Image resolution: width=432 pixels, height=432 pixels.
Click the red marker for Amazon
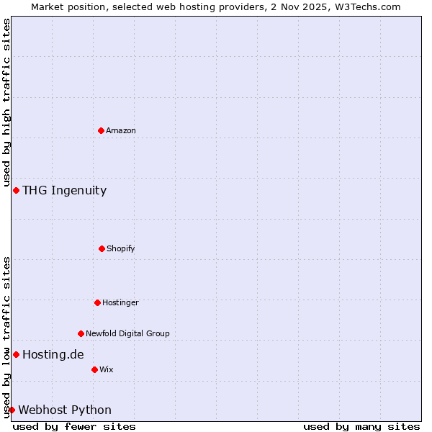101,130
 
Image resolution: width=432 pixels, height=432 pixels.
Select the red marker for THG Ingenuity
16,190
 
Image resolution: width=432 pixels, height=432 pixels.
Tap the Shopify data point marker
102,248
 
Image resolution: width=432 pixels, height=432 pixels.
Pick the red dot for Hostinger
97,302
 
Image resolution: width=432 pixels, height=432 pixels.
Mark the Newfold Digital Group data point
81,333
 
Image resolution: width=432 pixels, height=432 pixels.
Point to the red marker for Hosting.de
16,354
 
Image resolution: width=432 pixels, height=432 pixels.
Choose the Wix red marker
94,369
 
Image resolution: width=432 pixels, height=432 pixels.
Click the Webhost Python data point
12,410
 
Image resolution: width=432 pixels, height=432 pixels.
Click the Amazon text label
121,130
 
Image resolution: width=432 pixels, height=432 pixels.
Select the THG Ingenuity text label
64,190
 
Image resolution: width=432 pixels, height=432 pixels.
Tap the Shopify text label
120,248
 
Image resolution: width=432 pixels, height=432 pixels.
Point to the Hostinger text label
120,302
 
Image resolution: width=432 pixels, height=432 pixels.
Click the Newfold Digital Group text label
127,333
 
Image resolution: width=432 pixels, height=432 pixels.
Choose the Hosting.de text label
53,354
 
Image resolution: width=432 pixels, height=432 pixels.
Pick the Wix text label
107,369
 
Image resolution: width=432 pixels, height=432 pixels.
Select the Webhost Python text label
65,410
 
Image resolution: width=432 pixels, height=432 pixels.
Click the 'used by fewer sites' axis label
74,426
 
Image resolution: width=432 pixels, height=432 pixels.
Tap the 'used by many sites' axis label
361,426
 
